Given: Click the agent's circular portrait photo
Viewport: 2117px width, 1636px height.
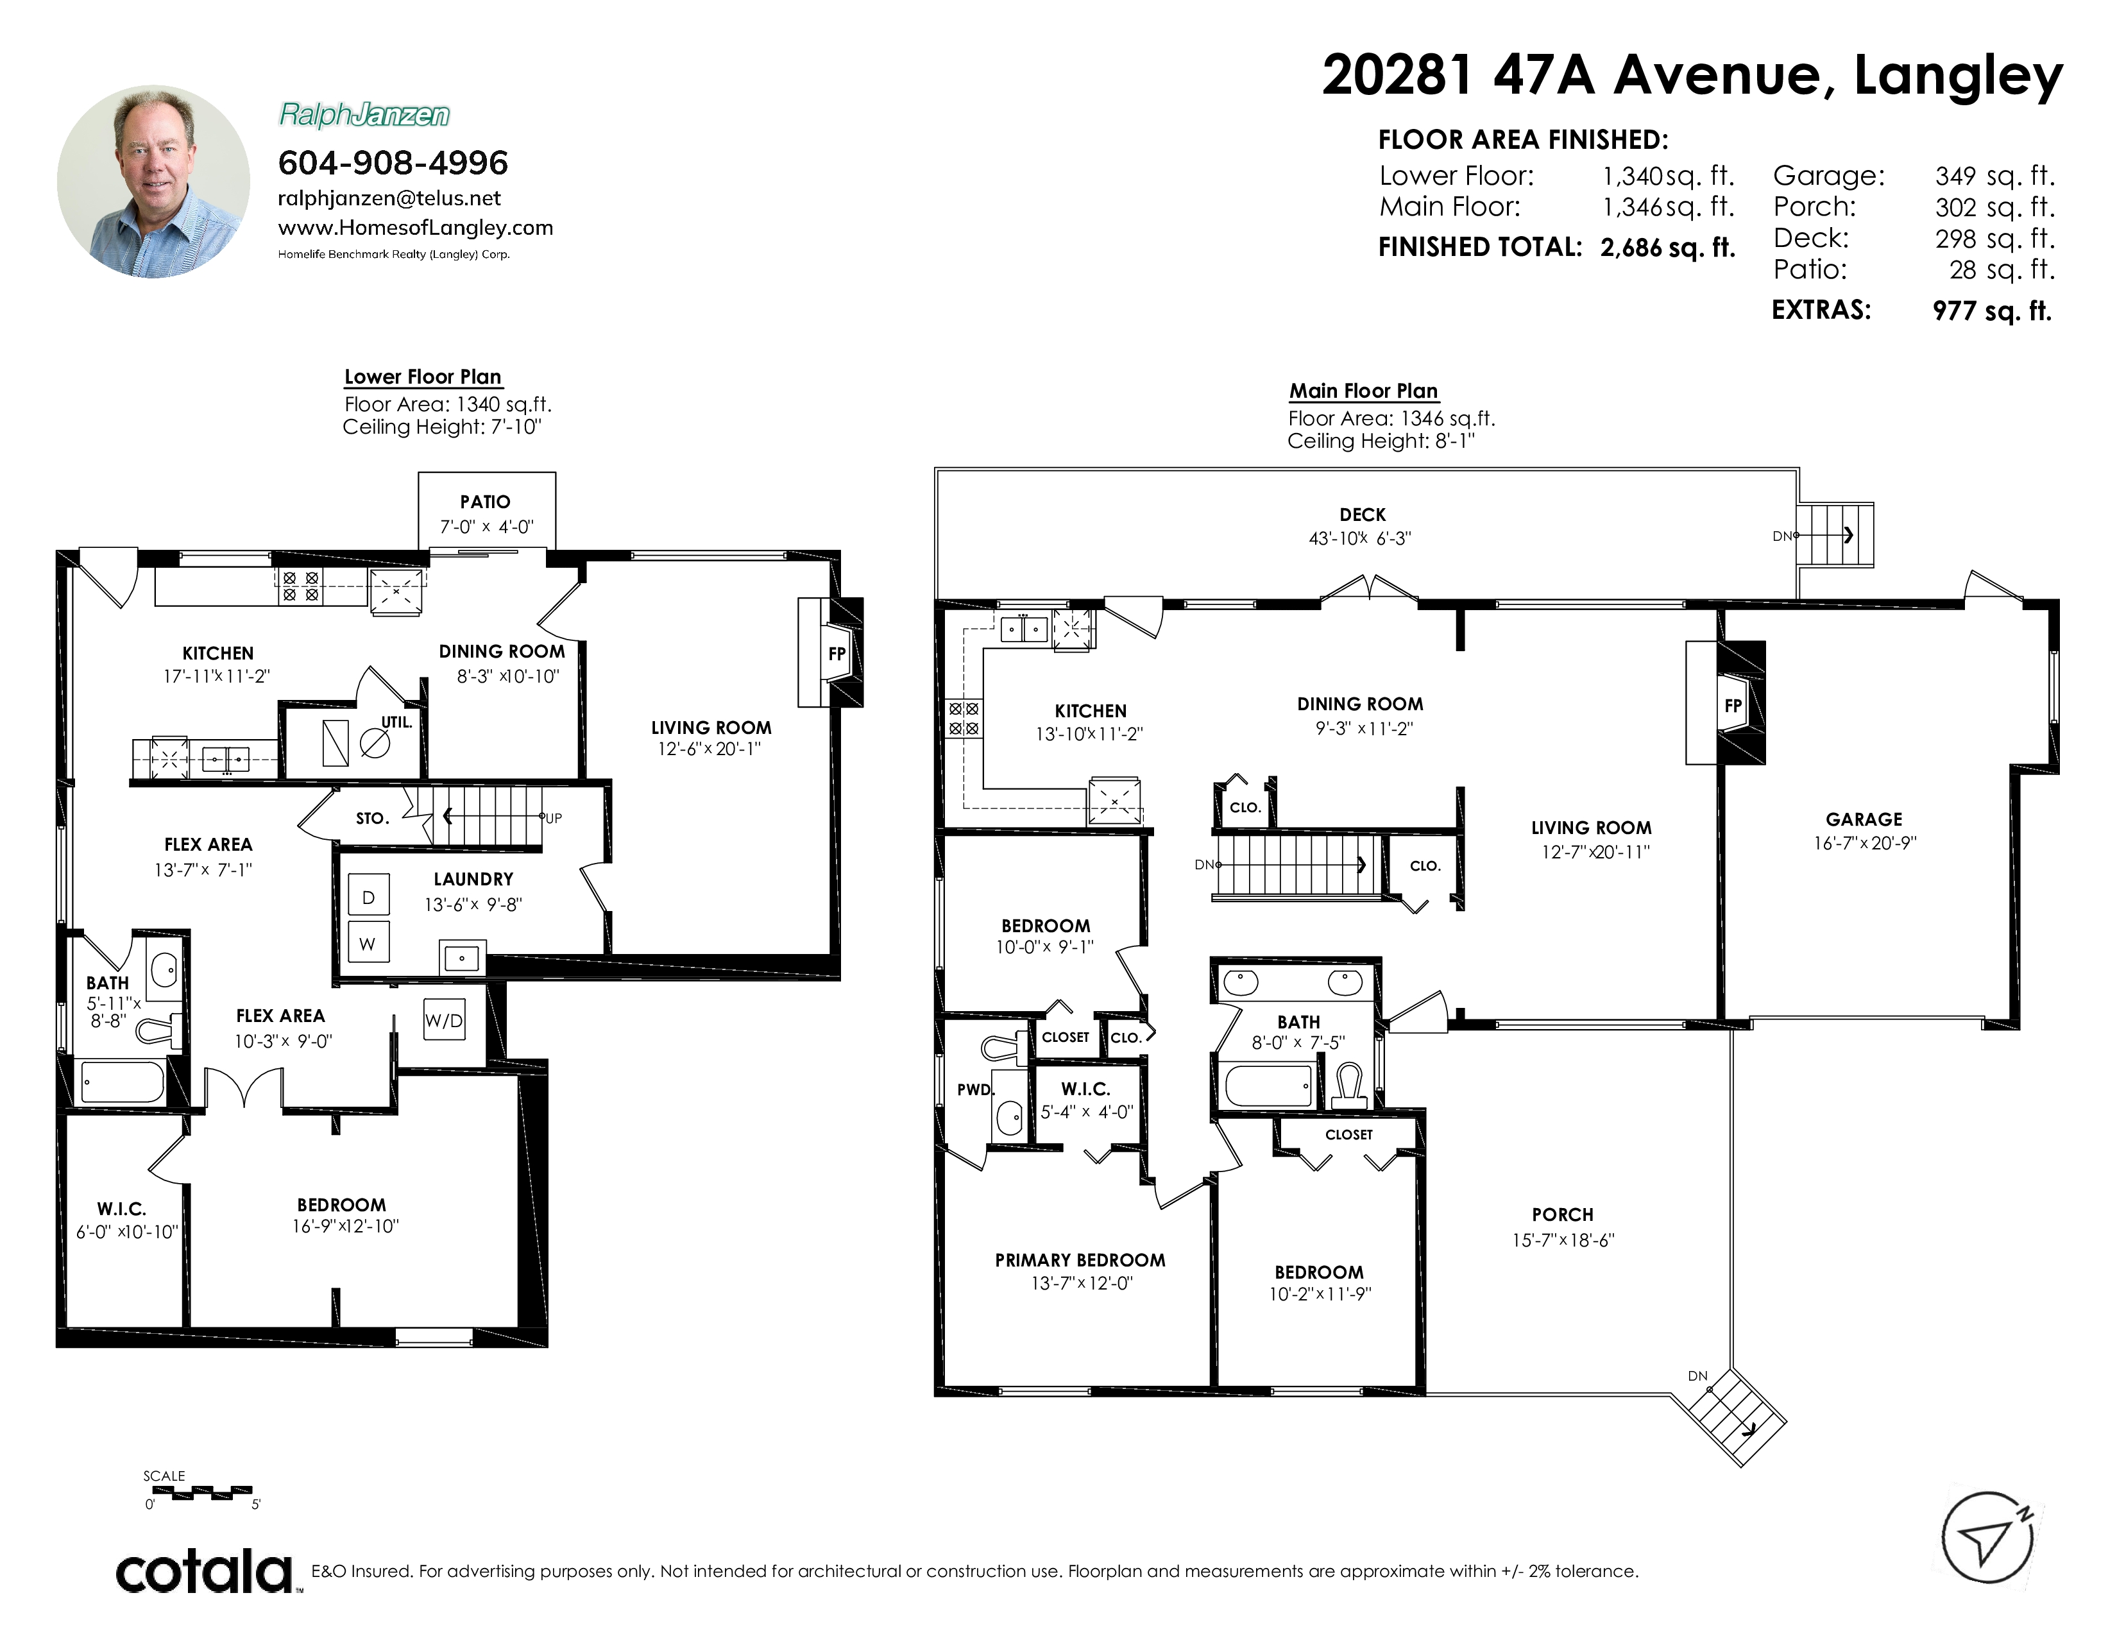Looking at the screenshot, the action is pos(153,181).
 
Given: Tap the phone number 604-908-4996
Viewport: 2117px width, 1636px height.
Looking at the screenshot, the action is pos(393,163).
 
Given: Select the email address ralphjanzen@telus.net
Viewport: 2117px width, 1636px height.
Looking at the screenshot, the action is pos(389,199).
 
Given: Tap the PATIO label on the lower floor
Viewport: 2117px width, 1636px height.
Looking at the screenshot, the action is pos(484,502).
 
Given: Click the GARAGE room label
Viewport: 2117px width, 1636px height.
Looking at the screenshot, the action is pos(1864,820).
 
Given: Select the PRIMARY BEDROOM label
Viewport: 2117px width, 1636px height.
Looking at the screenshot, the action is pos(1080,1260).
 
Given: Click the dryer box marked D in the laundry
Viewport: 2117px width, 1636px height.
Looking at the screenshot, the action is pos(368,896).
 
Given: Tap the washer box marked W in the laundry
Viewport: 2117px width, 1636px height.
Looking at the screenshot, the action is pos(368,942).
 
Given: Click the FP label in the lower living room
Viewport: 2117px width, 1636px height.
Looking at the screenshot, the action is pos(837,654).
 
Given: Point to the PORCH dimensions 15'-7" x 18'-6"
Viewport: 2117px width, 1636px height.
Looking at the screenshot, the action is pos(1563,1240).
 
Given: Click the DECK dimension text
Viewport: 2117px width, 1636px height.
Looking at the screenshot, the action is pos(1360,539).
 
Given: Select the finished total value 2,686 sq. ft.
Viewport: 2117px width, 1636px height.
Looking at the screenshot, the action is pos(1667,248).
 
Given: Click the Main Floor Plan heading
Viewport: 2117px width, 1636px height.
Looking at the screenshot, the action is pos(1363,391).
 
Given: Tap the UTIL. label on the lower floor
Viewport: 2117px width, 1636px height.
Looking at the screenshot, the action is pos(396,722).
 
